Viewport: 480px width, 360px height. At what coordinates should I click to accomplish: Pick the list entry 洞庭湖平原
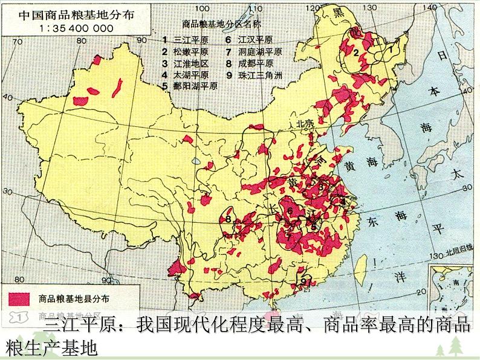pyautogui.click(x=251, y=52)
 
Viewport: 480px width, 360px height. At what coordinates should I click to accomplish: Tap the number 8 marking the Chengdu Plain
pyautogui.click(x=229, y=219)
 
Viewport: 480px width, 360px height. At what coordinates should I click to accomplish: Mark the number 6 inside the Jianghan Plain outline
pyautogui.click(x=290, y=210)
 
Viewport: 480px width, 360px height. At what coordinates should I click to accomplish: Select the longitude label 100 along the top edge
pyautogui.click(x=204, y=8)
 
